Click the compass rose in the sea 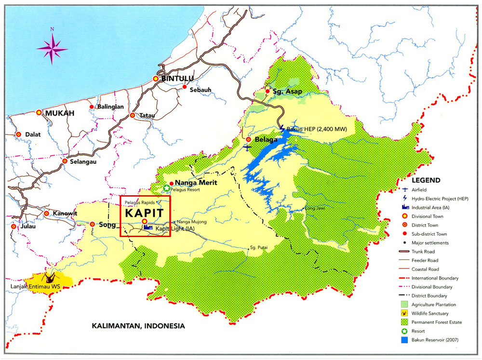pos(52,46)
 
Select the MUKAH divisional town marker pos(39,112)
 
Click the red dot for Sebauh pos(185,87)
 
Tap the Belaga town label pos(266,140)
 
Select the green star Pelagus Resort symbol pos(167,188)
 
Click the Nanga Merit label pos(196,183)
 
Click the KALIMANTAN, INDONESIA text pos(138,326)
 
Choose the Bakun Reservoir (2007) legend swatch pos(404,341)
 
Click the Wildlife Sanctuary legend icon pos(404,314)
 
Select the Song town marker pos(92,224)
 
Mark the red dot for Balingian pos(92,107)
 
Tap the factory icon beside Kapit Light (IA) pos(147,227)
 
